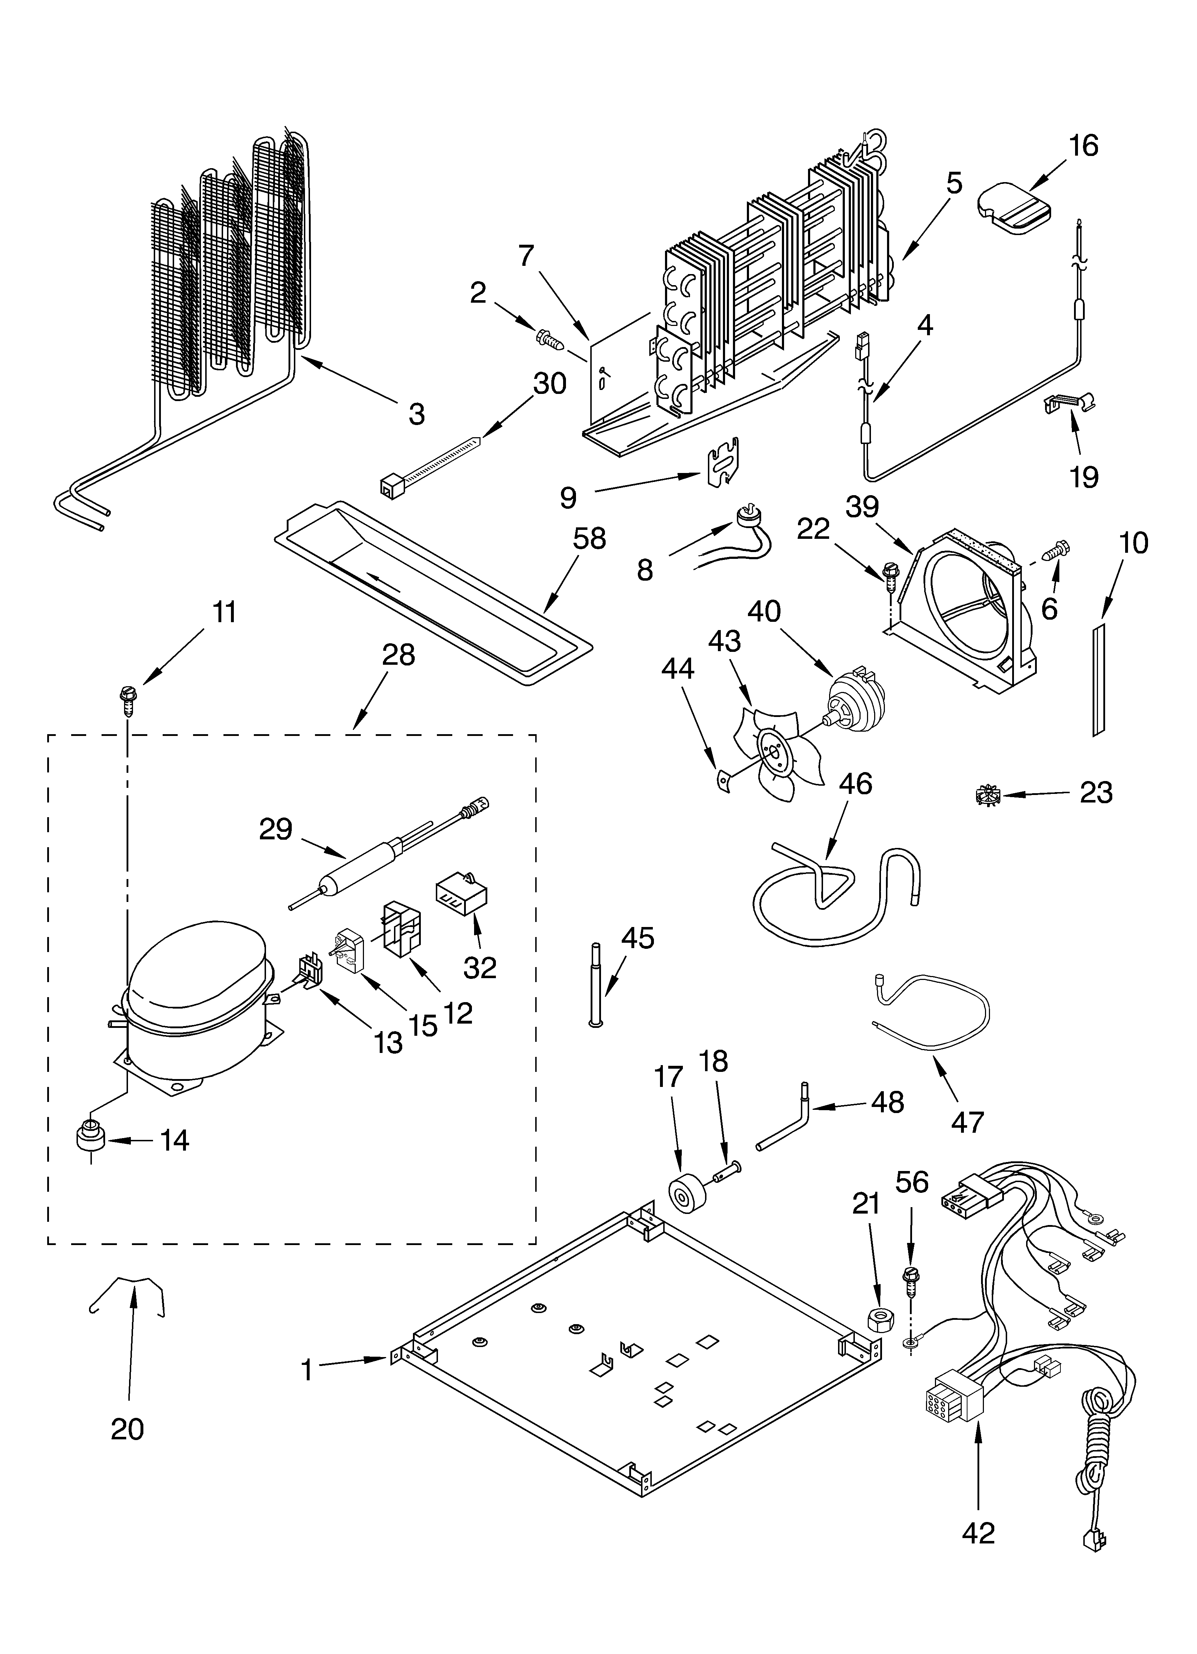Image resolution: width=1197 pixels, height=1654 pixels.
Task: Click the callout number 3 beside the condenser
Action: tap(415, 414)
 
